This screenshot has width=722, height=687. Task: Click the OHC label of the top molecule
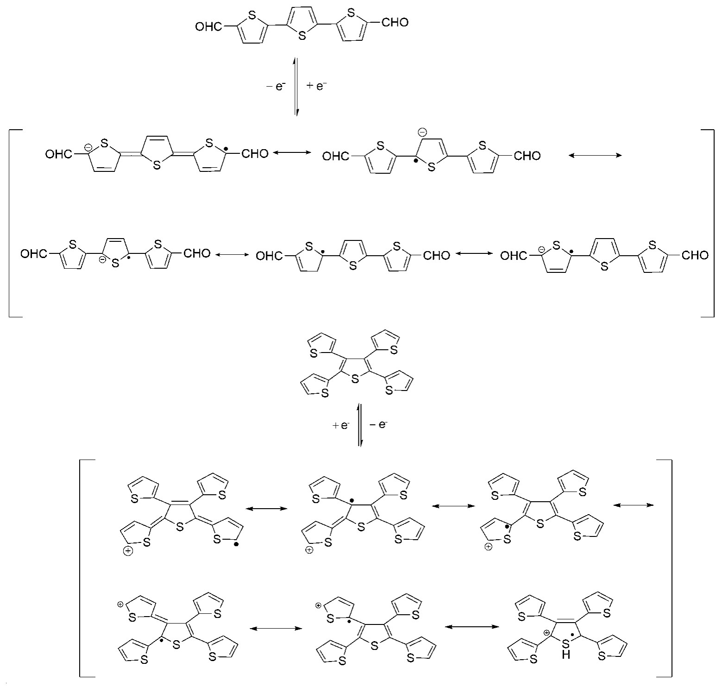point(209,27)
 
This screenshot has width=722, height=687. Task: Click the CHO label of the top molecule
point(395,22)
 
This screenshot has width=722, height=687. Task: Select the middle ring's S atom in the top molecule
point(302,36)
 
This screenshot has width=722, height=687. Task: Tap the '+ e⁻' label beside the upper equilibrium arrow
point(317,86)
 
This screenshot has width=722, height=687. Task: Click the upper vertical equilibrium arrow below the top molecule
point(296,87)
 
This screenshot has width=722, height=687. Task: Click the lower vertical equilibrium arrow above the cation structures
point(360,425)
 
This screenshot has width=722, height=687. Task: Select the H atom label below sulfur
point(566,655)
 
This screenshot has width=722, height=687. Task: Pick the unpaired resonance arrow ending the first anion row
point(595,156)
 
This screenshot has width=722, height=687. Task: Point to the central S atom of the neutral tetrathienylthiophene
point(355,379)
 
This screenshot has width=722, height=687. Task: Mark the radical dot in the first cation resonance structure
point(237,545)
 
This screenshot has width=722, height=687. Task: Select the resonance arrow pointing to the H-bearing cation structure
point(471,627)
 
